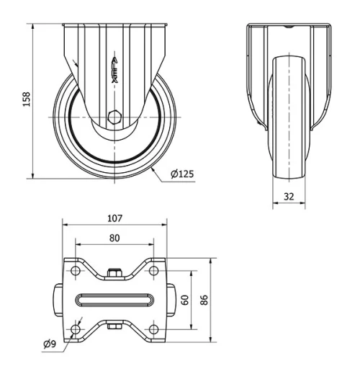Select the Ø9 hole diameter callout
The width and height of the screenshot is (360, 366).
[50, 344]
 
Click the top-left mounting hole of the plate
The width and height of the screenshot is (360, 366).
[76, 272]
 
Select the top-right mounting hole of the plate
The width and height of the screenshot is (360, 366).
[153, 272]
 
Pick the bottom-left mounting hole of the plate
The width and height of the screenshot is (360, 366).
[76, 329]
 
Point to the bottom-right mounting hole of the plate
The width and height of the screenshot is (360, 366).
[153, 329]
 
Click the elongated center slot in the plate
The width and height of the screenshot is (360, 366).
[114, 300]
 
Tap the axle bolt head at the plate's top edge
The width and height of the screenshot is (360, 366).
[114, 273]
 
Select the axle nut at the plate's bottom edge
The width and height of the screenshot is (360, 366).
[114, 329]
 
